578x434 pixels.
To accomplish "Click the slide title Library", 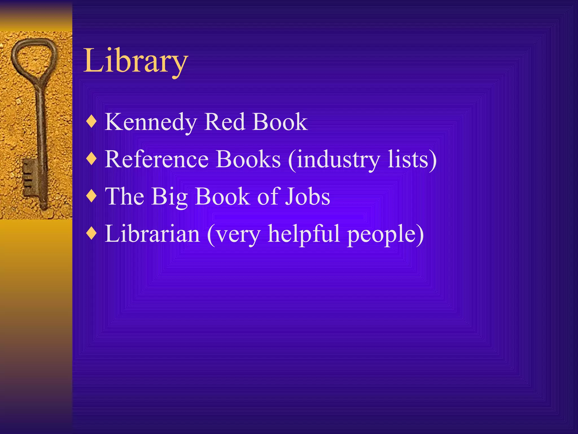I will point(135,61).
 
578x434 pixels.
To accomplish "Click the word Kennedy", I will point(151,122).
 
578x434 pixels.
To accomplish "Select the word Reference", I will point(157,159).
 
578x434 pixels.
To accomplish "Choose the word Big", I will point(169,197).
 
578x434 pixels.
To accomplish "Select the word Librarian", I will point(152,234).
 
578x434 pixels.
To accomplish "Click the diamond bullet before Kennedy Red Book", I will point(92,122).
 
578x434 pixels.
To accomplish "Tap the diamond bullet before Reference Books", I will point(92,159).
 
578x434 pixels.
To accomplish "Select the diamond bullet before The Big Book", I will point(92,196).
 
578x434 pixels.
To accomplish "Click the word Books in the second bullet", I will point(248,159).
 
